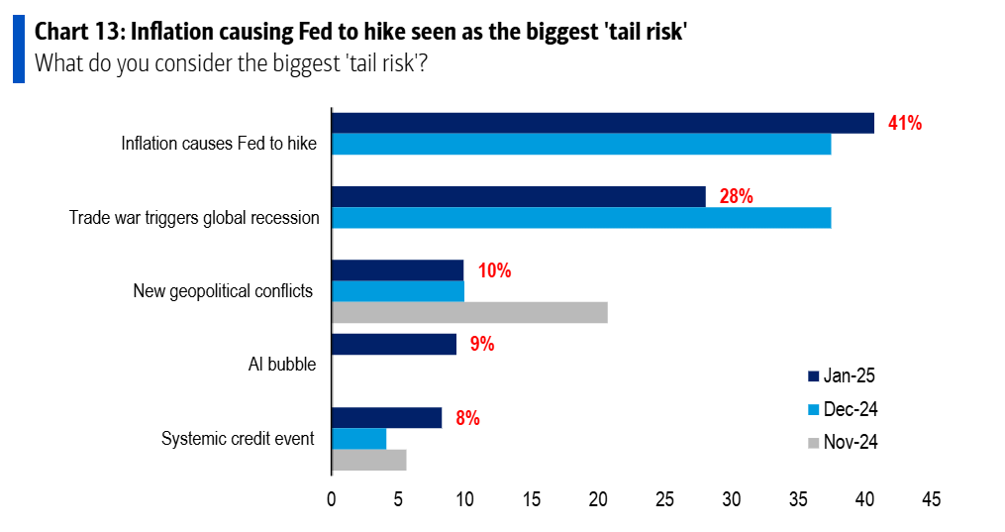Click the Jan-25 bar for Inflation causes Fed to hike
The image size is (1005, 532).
tap(602, 123)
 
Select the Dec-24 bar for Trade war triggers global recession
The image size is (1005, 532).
tap(580, 218)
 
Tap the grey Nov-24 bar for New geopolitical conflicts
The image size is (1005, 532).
tap(468, 312)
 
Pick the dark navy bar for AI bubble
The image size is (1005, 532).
tap(393, 344)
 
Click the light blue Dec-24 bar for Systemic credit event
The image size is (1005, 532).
tap(358, 439)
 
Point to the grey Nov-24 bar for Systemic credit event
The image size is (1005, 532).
tap(368, 460)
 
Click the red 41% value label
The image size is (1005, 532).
tap(905, 123)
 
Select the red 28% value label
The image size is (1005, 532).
tap(736, 196)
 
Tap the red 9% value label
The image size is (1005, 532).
tap(482, 344)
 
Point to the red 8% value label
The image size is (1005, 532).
tap(467, 418)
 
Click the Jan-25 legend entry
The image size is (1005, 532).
tap(842, 375)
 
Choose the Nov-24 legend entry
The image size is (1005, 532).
tap(842, 442)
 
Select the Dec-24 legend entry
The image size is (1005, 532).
tap(842, 409)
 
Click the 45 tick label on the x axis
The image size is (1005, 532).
tap(931, 499)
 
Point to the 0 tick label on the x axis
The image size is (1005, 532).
tap(331, 499)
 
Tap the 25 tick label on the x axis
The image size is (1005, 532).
tap(664, 499)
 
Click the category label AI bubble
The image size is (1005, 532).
tap(282, 365)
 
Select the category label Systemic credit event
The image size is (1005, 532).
tap(238, 439)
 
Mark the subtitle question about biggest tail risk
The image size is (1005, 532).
tap(236, 64)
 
